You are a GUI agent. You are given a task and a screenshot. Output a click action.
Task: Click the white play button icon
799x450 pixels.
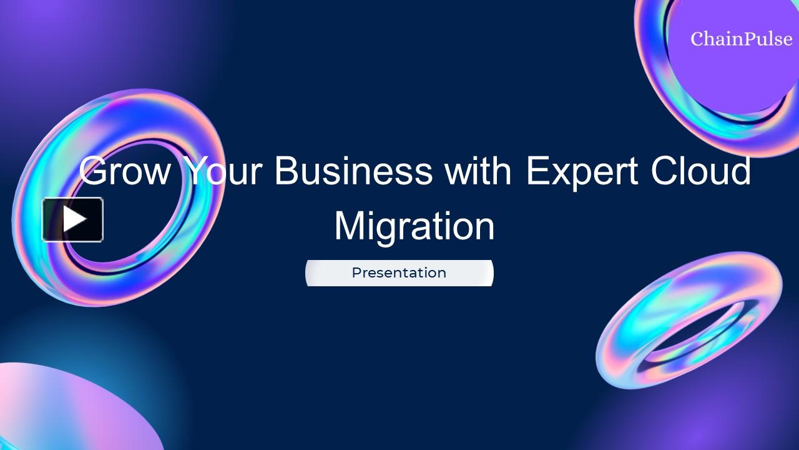[72, 219]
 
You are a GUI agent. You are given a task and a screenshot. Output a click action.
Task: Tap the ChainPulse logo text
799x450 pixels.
[742, 39]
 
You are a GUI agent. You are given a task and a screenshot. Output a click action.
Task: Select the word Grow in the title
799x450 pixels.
[125, 171]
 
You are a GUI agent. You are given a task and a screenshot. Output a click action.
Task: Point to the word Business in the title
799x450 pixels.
[353, 171]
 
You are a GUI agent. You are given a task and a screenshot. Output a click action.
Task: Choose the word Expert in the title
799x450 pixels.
[582, 171]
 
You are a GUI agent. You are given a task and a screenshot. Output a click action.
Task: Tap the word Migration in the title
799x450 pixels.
[414, 226]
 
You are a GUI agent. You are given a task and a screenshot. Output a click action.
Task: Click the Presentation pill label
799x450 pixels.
[399, 273]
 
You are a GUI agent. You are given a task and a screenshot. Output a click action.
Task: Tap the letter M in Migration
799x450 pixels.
[350, 226]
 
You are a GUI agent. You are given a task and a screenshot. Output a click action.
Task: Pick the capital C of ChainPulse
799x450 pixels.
[698, 39]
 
